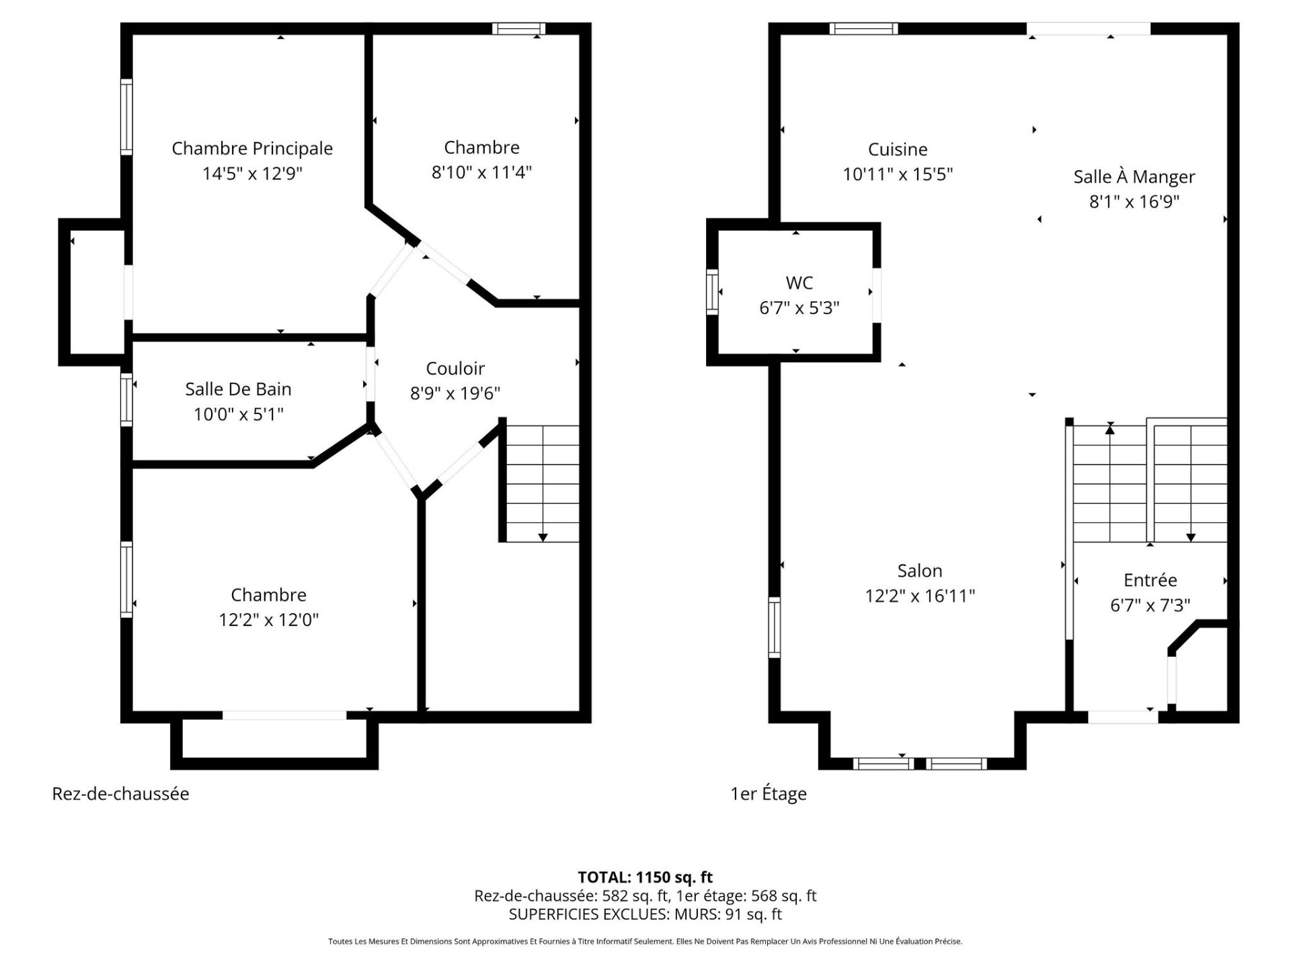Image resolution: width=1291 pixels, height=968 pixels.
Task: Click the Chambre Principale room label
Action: tap(252, 149)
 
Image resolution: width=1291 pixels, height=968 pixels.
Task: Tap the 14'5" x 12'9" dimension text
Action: tap(252, 173)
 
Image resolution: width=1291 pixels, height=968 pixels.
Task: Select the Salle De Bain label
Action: tap(238, 389)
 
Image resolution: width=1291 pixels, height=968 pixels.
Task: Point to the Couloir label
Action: tap(455, 368)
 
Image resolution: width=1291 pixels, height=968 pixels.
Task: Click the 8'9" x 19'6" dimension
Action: tap(455, 393)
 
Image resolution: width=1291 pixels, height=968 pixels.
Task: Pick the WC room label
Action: tap(799, 283)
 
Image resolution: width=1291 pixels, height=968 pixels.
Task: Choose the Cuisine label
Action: tap(898, 149)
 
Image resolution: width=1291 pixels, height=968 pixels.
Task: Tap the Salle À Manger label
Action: tap(1134, 177)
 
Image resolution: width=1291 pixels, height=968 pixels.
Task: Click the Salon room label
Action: tap(920, 571)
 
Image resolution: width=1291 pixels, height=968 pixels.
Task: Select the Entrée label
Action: tap(1150, 579)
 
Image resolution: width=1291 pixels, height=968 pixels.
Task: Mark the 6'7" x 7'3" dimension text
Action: tap(1150, 605)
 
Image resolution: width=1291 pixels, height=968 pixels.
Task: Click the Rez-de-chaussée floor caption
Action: tap(120, 794)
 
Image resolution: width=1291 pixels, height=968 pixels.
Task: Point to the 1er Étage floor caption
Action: tap(769, 794)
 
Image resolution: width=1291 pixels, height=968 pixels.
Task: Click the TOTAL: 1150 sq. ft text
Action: tap(645, 877)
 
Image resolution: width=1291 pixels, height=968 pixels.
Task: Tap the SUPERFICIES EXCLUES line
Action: tap(645, 914)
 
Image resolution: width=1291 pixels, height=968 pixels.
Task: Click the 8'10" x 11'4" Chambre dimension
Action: tap(481, 173)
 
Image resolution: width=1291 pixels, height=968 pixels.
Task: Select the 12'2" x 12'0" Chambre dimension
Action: tap(268, 620)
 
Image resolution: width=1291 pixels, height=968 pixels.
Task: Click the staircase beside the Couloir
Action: tap(542, 483)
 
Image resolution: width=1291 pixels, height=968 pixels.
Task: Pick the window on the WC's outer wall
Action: tap(712, 292)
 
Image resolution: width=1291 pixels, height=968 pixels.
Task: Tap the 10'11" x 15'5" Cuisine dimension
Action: tap(898, 174)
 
